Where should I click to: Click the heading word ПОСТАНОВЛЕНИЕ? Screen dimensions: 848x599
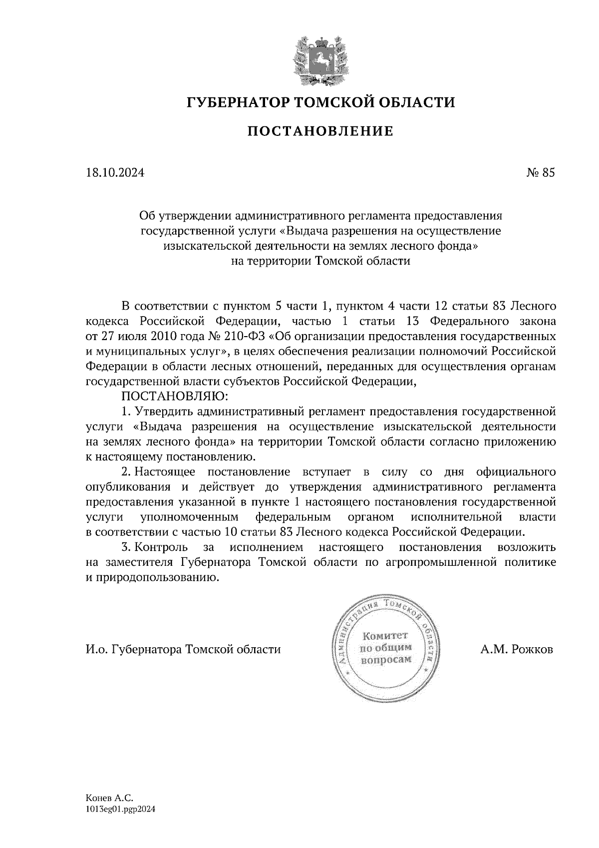(x=321, y=131)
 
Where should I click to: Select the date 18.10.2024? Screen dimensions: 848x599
(x=115, y=173)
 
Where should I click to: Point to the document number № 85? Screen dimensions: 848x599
(x=540, y=173)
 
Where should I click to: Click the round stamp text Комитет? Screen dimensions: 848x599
(x=386, y=636)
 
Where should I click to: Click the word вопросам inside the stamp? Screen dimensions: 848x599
(x=386, y=659)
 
